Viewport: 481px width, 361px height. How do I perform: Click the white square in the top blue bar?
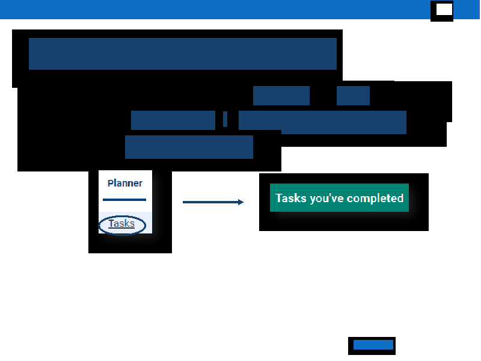coord(444,10)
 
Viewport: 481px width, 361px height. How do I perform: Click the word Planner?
coord(125,184)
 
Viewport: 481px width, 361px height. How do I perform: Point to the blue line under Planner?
coord(124,200)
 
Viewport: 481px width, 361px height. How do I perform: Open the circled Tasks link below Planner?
coord(121,223)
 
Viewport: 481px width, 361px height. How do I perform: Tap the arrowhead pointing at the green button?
coord(241,202)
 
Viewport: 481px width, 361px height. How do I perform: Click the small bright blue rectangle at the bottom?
coord(373,345)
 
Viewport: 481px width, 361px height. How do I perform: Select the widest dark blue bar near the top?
coord(183,54)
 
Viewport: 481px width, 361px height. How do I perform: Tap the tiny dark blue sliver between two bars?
coord(225,119)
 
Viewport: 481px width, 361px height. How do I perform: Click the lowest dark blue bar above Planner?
coord(189,147)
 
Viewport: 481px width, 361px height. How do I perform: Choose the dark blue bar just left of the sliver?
coord(173,120)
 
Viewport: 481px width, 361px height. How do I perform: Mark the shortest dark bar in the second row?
coord(353,96)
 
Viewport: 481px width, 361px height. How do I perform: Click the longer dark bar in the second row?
coord(281,96)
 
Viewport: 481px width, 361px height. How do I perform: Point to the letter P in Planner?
coord(111,184)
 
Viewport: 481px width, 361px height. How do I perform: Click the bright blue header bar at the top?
coord(215,10)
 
